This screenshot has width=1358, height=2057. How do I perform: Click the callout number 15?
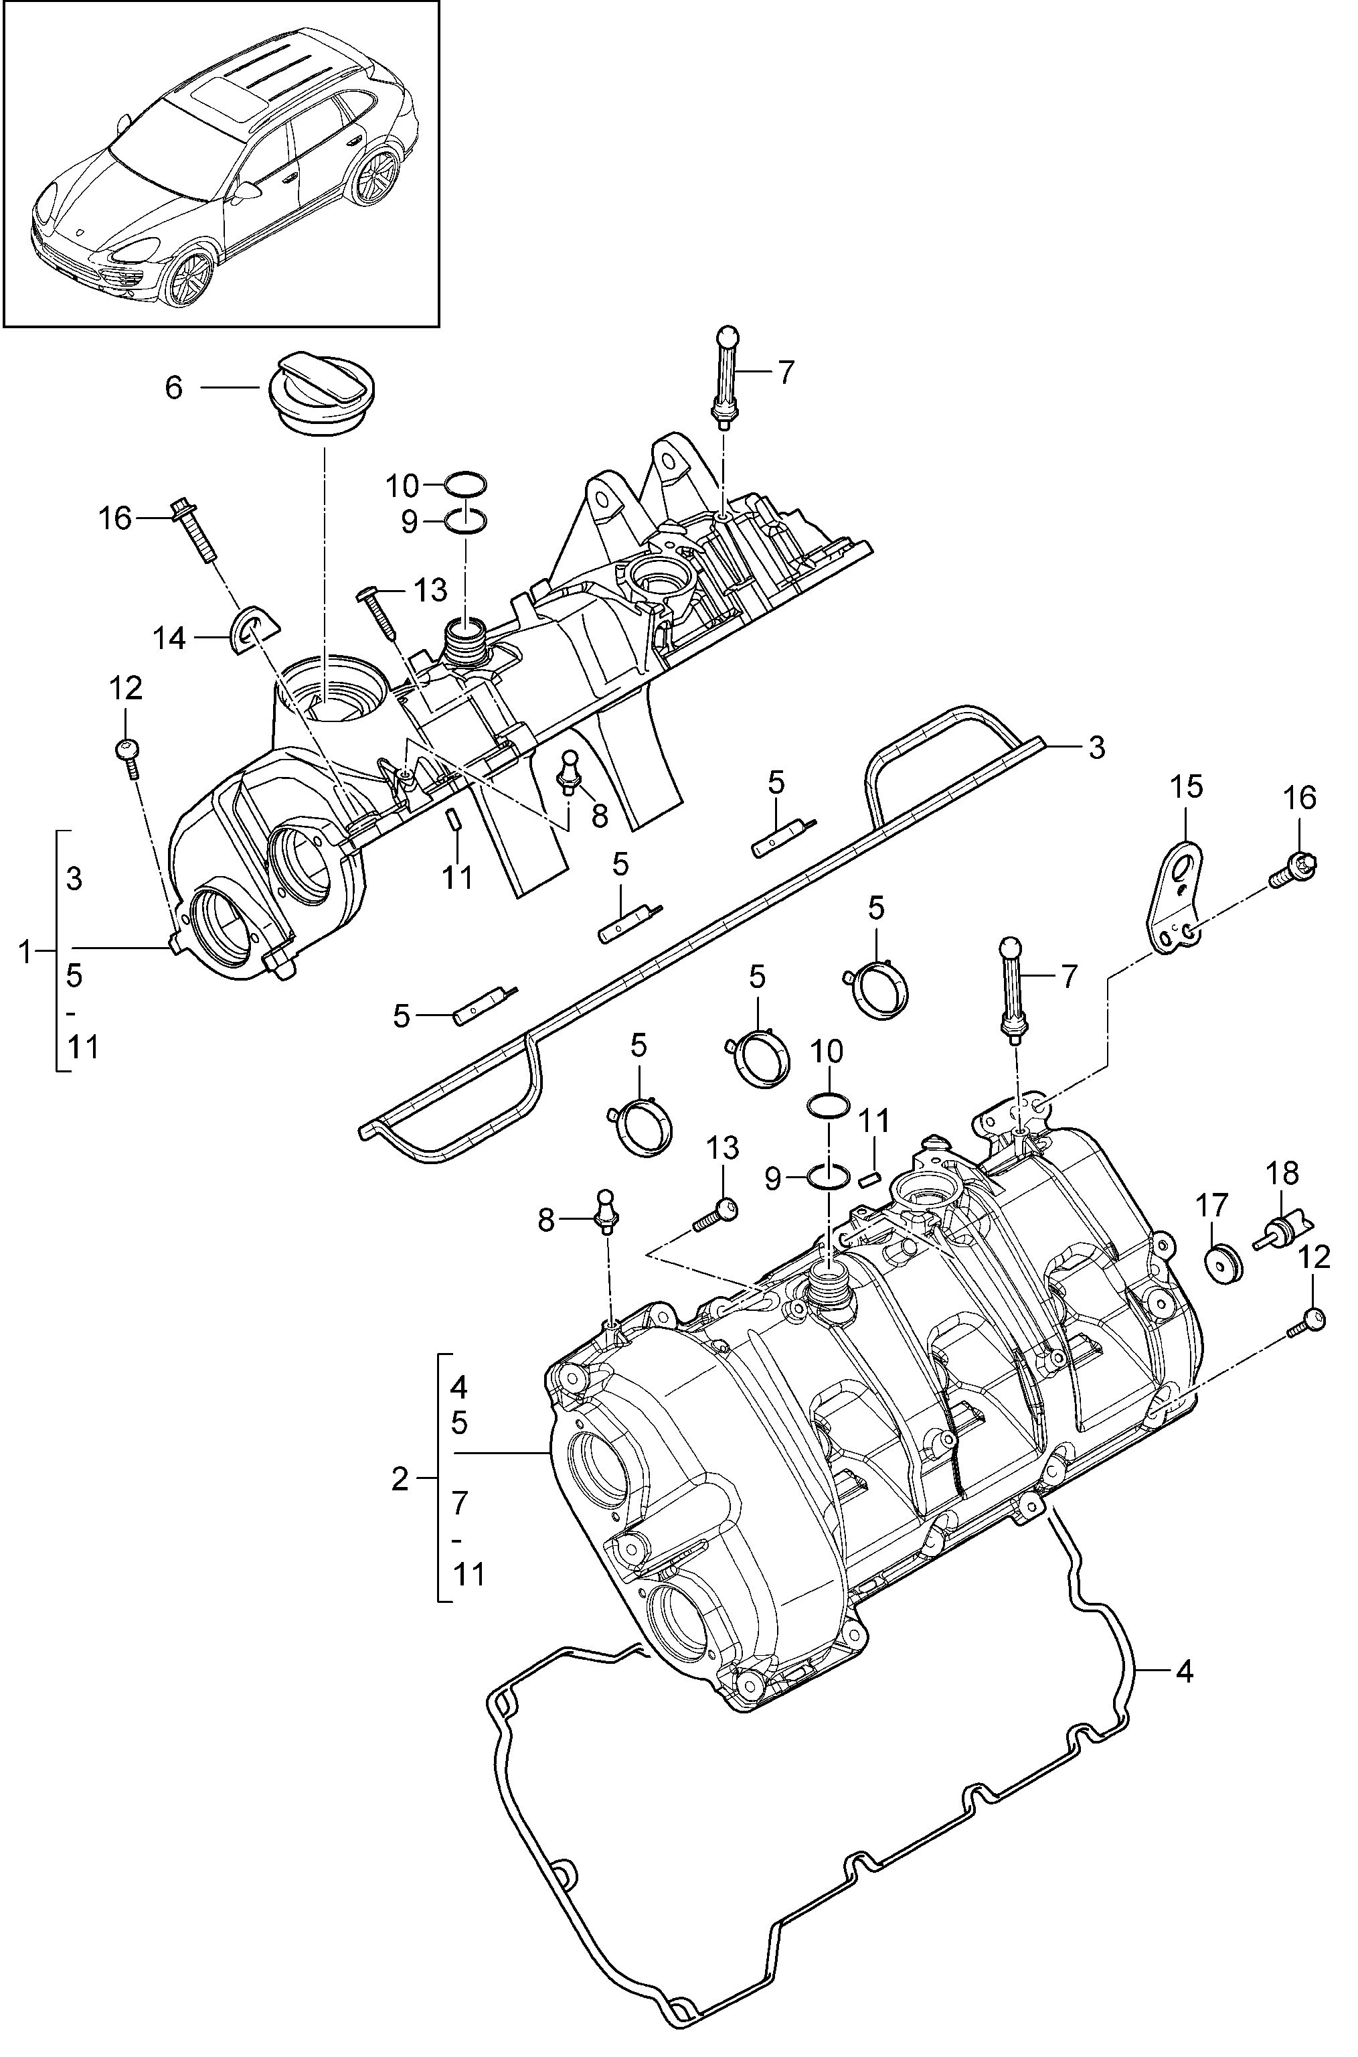[1187, 787]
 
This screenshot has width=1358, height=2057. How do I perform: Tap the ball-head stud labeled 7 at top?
[725, 378]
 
